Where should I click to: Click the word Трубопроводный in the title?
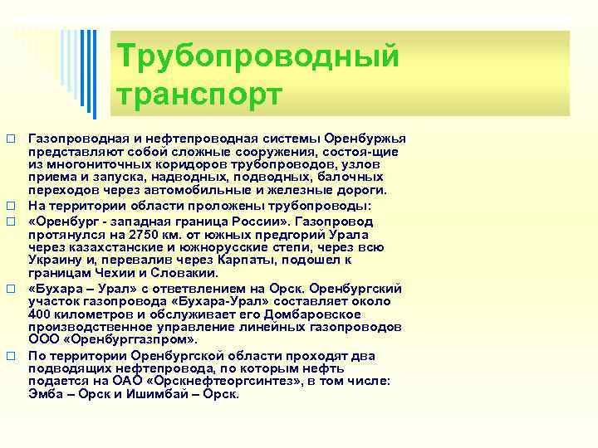[259, 58]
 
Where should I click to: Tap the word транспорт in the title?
[200, 94]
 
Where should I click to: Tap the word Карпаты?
[225, 261]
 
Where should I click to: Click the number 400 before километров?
[42, 314]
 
